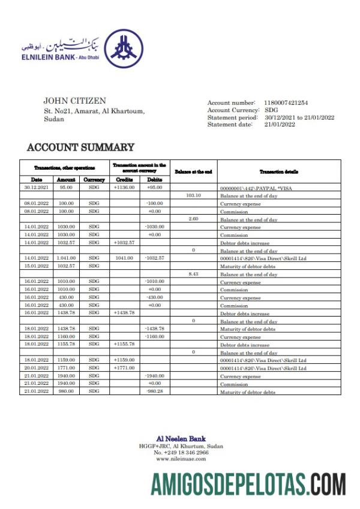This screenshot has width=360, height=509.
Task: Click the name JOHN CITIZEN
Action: pyautogui.click(x=74, y=101)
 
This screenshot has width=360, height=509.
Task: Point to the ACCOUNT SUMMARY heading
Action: pyautogui.click(x=81, y=147)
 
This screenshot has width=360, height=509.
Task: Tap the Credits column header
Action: pyautogui.click(x=124, y=179)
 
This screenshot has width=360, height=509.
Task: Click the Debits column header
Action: pyautogui.click(x=154, y=179)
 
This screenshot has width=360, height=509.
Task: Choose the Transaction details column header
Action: pyautogui.click(x=279, y=171)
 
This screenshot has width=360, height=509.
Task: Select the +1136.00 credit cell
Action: pyautogui.click(x=124, y=187)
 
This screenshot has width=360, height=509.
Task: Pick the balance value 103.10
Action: pyautogui.click(x=193, y=195)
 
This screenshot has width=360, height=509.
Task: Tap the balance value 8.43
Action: pyautogui.click(x=193, y=274)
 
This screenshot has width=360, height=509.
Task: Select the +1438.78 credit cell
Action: pyautogui.click(x=124, y=313)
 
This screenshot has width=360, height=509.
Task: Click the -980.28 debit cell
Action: pyautogui.click(x=154, y=391)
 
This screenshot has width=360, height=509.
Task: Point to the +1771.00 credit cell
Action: pyautogui.click(x=124, y=368)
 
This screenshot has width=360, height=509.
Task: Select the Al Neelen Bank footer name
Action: pyautogui.click(x=181, y=439)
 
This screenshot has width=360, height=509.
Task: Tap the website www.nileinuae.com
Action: pyautogui.click(x=181, y=459)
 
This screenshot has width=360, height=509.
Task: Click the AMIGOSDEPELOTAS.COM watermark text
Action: pyautogui.click(x=248, y=484)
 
